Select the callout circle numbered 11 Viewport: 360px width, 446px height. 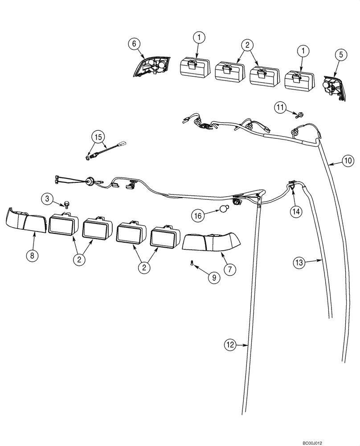pos(280,107)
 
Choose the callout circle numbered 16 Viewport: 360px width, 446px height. pos(199,215)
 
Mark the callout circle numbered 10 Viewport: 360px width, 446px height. pos(348,160)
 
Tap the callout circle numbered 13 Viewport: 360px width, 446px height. pos(299,262)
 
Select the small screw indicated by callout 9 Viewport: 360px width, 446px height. pos(192,265)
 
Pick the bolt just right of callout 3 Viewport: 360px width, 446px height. pos(66,204)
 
